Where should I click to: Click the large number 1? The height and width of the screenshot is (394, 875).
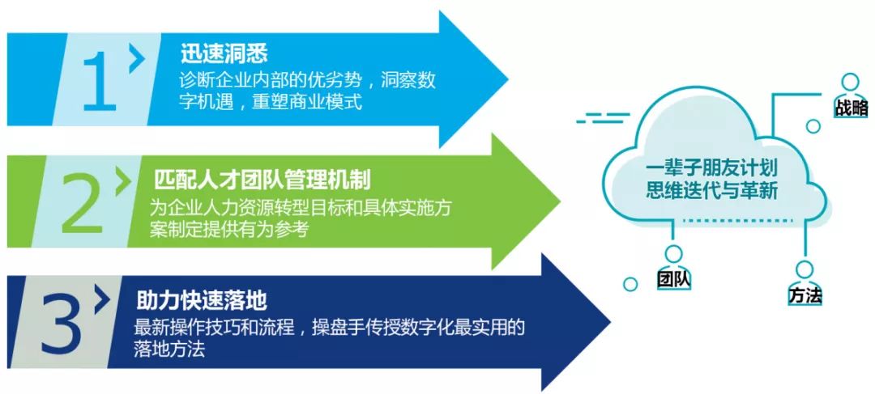(99, 81)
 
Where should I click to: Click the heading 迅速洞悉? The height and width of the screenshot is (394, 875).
(224, 54)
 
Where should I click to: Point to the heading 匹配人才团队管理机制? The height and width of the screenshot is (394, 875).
(262, 180)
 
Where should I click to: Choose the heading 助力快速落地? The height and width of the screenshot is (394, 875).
(202, 301)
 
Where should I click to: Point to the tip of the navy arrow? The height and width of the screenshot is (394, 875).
(610, 323)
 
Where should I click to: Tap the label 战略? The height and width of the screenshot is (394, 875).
(852, 108)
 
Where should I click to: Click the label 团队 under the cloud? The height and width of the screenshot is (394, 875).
(674, 279)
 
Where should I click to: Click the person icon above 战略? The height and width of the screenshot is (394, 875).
(850, 85)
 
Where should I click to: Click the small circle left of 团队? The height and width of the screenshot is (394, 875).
(630, 284)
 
